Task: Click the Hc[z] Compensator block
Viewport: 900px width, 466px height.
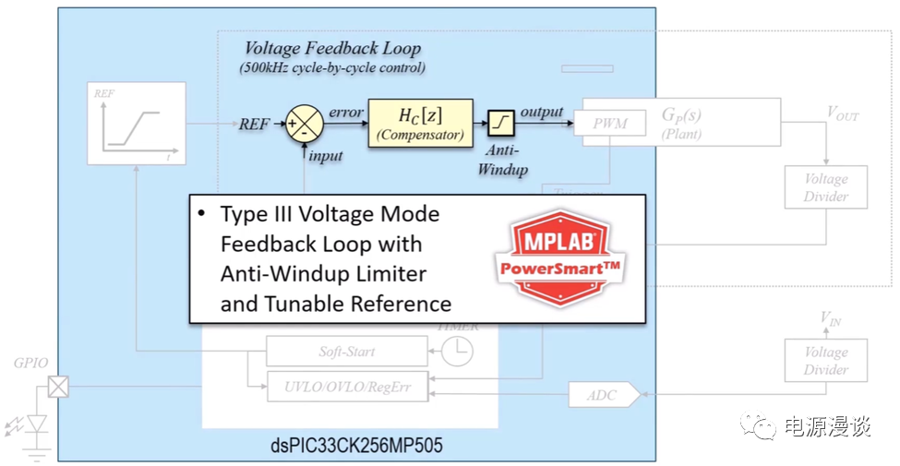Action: coord(420,123)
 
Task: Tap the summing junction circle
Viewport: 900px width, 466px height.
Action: coord(303,123)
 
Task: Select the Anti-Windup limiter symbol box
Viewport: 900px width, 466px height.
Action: coord(501,122)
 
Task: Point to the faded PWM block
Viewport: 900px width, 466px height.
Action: coord(609,123)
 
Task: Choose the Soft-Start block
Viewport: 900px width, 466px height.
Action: coord(346,352)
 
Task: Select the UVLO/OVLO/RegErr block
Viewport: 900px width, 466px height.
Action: coord(348,388)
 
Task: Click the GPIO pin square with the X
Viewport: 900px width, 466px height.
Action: coord(58,387)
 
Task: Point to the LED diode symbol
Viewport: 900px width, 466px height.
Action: coord(38,424)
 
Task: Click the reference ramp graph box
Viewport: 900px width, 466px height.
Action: coord(136,123)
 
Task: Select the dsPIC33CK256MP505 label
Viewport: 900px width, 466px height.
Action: coord(357,447)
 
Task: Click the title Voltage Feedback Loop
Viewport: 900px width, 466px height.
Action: coord(332,49)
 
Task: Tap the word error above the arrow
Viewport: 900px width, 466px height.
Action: coord(345,112)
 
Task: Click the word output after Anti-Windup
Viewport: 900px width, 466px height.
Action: coord(541,112)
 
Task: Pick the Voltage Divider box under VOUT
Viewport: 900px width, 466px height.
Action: coord(825,187)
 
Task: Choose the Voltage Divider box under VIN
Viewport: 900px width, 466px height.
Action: coord(825,360)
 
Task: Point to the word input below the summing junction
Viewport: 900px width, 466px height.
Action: coord(326,155)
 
